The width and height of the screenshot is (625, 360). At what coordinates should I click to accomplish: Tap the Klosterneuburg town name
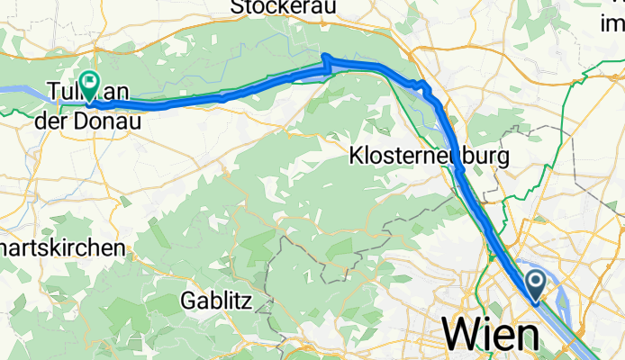coord(429,157)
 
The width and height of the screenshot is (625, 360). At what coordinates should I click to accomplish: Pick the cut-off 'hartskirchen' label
coord(62,247)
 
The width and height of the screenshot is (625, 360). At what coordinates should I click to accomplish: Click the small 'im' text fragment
coord(613,24)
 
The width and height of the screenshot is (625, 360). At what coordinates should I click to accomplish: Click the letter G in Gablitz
coord(187,298)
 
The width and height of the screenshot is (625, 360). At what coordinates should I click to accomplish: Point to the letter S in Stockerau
coord(238,7)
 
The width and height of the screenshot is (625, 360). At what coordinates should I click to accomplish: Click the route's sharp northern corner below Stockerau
coord(324,58)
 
